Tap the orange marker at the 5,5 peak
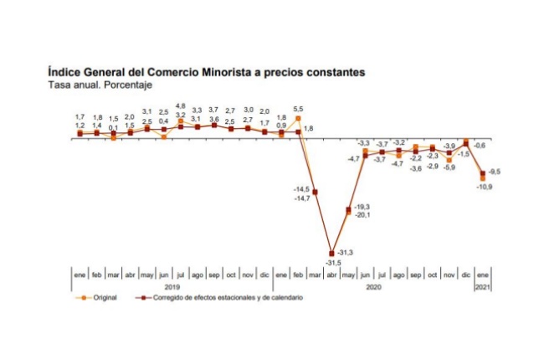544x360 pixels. (x=298, y=119)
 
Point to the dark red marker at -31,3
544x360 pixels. (x=331, y=253)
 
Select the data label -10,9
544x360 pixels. (x=485, y=187)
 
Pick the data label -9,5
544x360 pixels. (x=495, y=172)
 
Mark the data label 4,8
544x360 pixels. (x=181, y=107)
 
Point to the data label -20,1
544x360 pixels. (x=363, y=215)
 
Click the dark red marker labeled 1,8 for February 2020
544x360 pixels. (x=298, y=131)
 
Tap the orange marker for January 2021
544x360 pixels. (x=483, y=177)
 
